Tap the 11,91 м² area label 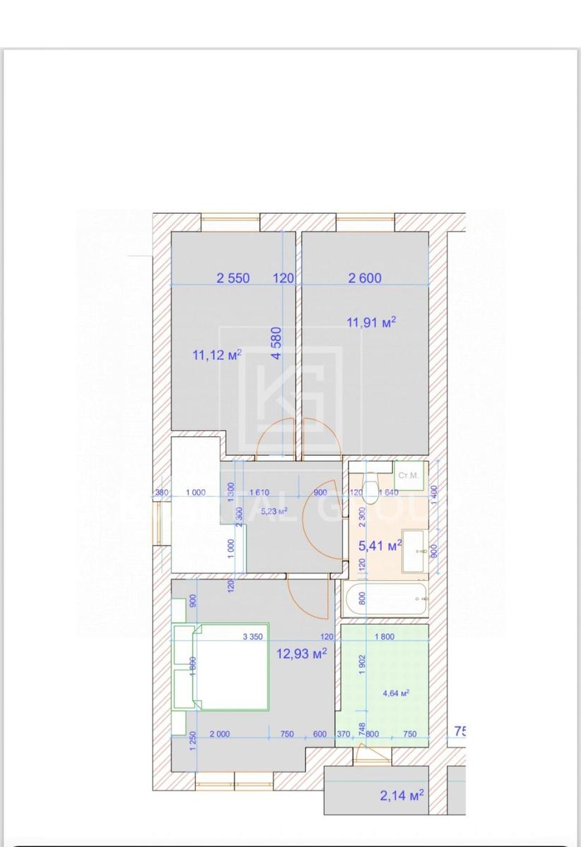pos(370,323)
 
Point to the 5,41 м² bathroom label pos(380,545)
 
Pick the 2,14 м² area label pos(401,796)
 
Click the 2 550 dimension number pos(233,278)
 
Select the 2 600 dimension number pos(365,278)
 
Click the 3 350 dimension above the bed pos(253,637)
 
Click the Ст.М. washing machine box pos(409,476)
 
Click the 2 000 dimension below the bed pos(220,734)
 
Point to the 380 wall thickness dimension pos(163,493)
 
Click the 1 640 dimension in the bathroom pos(389,493)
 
